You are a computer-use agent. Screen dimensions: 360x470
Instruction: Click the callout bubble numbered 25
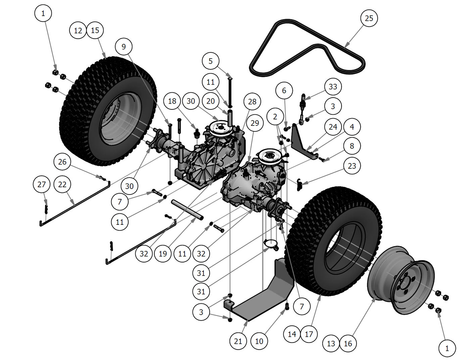click(369, 18)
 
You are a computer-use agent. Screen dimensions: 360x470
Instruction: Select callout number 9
click(124, 47)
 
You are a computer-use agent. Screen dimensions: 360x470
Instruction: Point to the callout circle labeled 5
click(210, 61)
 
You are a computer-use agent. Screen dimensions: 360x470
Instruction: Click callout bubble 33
click(333, 87)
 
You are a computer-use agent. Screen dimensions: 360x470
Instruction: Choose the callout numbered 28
click(252, 102)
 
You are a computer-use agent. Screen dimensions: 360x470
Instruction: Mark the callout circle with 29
click(255, 123)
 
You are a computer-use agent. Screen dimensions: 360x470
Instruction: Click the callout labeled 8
click(351, 146)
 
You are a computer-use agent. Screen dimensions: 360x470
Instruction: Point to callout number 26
click(62, 162)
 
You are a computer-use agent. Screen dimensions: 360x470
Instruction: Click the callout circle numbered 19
click(163, 253)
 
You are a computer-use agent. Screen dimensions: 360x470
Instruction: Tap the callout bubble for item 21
click(238, 341)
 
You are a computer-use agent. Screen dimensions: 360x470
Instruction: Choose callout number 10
click(259, 341)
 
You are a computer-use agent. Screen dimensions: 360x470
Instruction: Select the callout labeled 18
click(172, 101)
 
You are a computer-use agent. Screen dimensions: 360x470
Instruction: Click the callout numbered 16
click(348, 344)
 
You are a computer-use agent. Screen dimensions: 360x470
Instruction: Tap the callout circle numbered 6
click(284, 90)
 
